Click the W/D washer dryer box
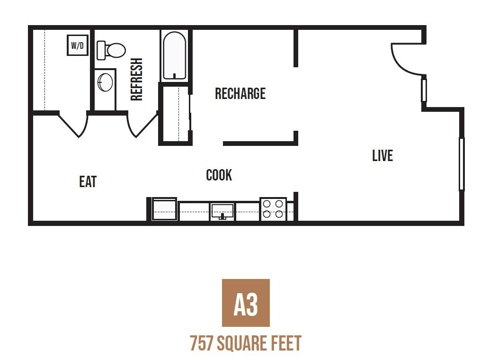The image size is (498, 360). [78, 45]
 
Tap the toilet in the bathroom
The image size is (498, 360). [111, 50]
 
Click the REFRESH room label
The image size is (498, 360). [136, 79]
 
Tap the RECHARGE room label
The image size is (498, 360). [240, 94]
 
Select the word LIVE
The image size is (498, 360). [382, 155]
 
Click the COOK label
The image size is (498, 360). [219, 175]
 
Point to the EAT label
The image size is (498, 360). [88, 181]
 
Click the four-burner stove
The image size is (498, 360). [273, 209]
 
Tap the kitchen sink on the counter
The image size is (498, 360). [222, 211]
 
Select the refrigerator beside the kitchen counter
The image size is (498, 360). [164, 209]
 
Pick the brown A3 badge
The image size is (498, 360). [246, 303]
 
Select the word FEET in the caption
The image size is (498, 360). [285, 343]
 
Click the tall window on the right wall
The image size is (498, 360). [462, 164]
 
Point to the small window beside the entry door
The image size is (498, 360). [424, 90]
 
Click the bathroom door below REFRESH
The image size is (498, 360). [141, 125]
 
